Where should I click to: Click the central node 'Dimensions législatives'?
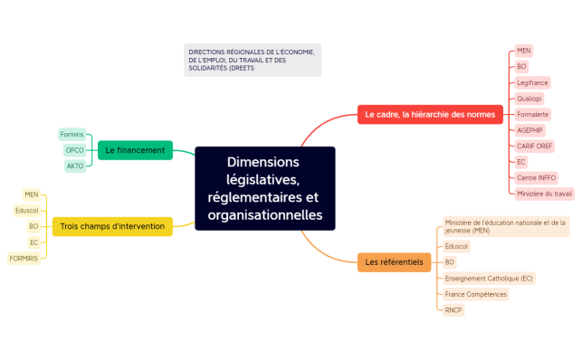tap(264, 188)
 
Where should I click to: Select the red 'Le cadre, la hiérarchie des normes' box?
tap(429, 115)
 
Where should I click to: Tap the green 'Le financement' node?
tap(135, 150)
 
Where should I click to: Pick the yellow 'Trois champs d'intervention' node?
tap(112, 226)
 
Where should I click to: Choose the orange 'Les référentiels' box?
tap(393, 262)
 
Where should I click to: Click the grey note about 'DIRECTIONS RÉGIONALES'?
tap(252, 60)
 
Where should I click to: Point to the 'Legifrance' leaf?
tap(532, 82)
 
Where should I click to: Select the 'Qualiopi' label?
tap(530, 99)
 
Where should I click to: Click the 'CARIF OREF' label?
tap(536, 146)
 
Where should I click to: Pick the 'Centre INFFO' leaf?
tap(536, 177)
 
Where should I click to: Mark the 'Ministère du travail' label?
tap(544, 194)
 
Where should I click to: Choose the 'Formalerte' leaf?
tap(532, 115)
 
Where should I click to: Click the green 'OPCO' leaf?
tap(75, 150)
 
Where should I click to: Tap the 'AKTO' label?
tap(75, 166)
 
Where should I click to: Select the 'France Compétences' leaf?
tap(476, 294)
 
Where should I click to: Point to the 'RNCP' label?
tap(453, 309)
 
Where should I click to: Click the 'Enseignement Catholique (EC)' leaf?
tap(489, 278)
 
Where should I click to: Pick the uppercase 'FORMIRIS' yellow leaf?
tap(24, 258)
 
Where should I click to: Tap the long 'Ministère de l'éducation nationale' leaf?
tap(505, 226)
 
